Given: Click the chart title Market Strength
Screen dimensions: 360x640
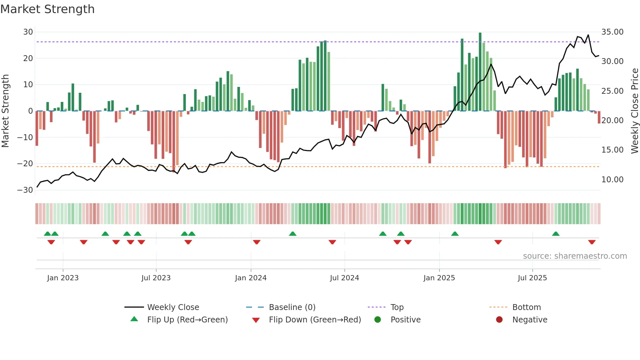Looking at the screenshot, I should tap(48, 9).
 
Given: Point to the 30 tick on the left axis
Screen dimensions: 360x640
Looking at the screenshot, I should tap(28, 32).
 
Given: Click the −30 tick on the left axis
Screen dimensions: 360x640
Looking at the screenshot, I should tap(25, 190).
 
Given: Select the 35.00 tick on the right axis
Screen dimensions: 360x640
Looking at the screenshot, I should tap(612, 32).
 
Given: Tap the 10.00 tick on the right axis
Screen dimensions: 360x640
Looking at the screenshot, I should tap(612, 179).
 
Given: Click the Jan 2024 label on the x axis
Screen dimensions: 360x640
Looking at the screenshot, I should tap(251, 278).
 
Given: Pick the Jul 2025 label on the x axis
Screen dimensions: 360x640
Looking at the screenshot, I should tap(532, 278).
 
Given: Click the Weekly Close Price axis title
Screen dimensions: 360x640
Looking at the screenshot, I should tap(634, 111).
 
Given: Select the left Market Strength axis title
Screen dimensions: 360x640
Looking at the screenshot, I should tap(6, 111).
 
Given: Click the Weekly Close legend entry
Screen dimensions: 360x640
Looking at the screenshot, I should tap(173, 307).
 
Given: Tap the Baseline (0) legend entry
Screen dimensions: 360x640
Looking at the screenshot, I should tap(292, 307).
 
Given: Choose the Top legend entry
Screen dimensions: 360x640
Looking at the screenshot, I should tap(397, 307).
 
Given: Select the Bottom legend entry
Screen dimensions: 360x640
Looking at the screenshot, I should tap(526, 307).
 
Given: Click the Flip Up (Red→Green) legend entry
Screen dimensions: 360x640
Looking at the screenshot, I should tap(187, 319).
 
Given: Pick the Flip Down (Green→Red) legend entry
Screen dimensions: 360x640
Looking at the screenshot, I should tap(315, 319).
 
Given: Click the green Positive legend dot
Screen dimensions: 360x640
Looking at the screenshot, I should tap(378, 319).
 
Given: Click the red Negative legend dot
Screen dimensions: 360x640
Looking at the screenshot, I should tap(499, 319).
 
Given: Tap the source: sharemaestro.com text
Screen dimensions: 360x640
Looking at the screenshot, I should tap(575, 256).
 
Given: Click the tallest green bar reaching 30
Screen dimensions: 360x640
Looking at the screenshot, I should tap(480, 72).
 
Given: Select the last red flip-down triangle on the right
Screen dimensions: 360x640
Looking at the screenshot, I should tap(592, 242).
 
